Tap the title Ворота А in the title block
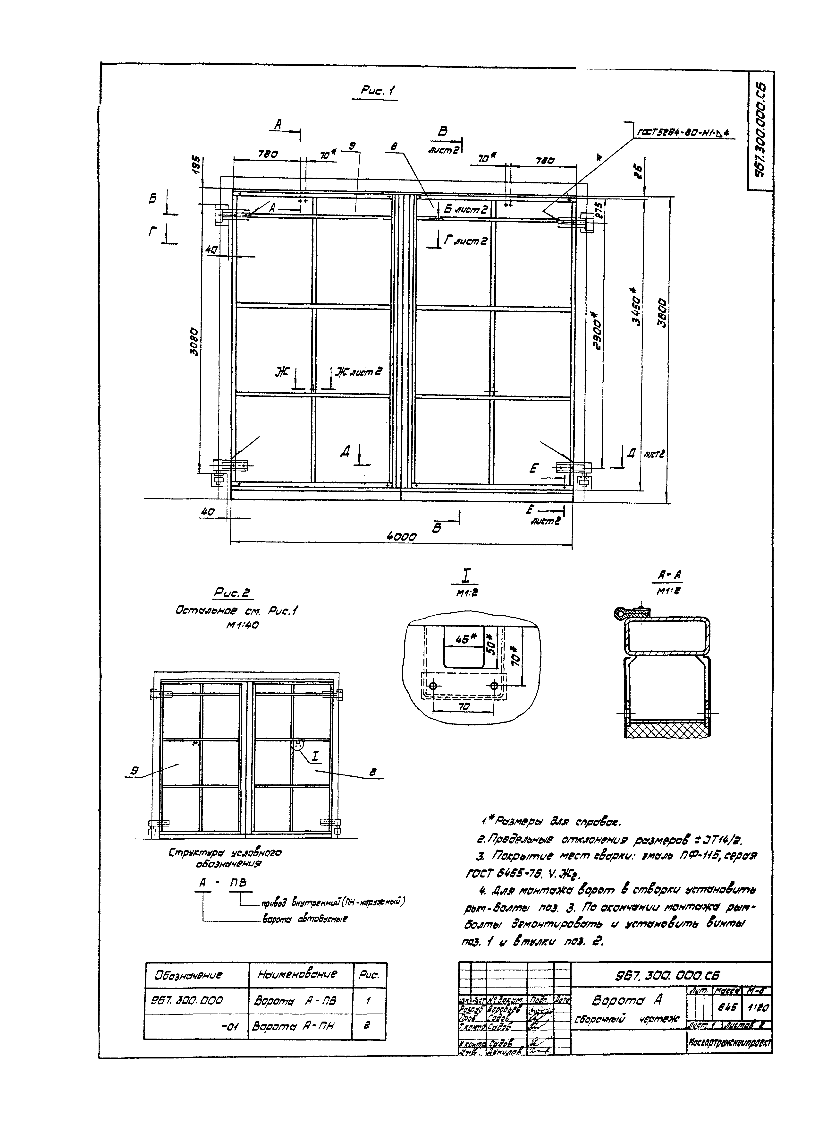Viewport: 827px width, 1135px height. pos(627,1000)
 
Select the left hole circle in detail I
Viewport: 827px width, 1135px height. pos(433,685)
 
